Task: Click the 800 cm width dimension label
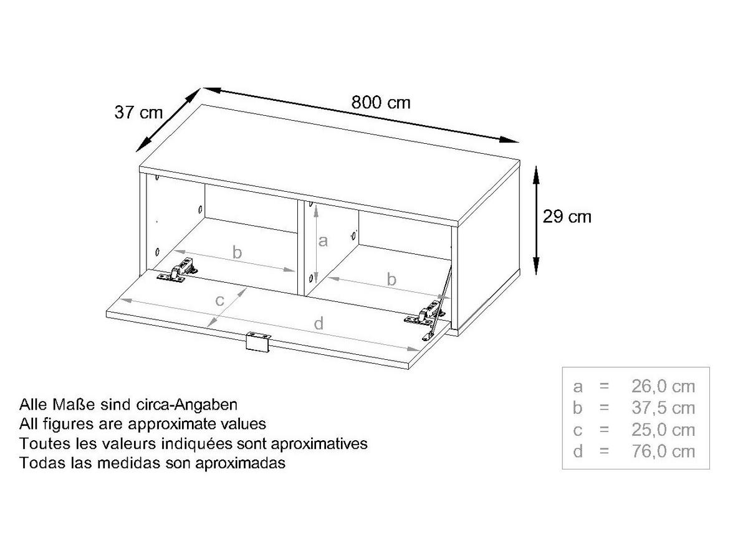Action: coord(381,102)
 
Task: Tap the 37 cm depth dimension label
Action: coord(138,112)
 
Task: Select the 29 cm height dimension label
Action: coord(567,217)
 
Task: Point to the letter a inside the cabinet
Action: coord(323,241)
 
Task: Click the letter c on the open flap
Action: coord(219,301)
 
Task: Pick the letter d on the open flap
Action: coord(319,323)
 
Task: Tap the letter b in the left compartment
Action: coord(237,253)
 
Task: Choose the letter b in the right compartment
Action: coord(391,279)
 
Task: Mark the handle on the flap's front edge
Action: coord(257,342)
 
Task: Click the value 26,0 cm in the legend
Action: coord(663,387)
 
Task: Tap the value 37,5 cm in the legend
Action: coord(663,408)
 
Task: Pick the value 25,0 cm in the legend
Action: coord(663,430)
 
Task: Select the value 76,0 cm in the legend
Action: coord(663,451)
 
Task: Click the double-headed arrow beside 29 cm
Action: coord(536,220)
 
